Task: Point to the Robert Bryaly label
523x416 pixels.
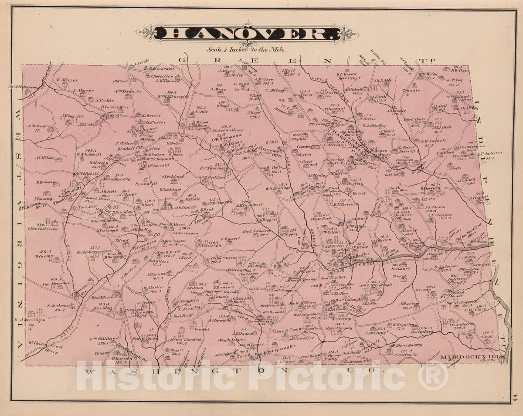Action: (x=339, y=328)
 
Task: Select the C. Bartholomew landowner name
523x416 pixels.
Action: (x=43, y=229)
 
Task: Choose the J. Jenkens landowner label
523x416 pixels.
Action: (x=58, y=305)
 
